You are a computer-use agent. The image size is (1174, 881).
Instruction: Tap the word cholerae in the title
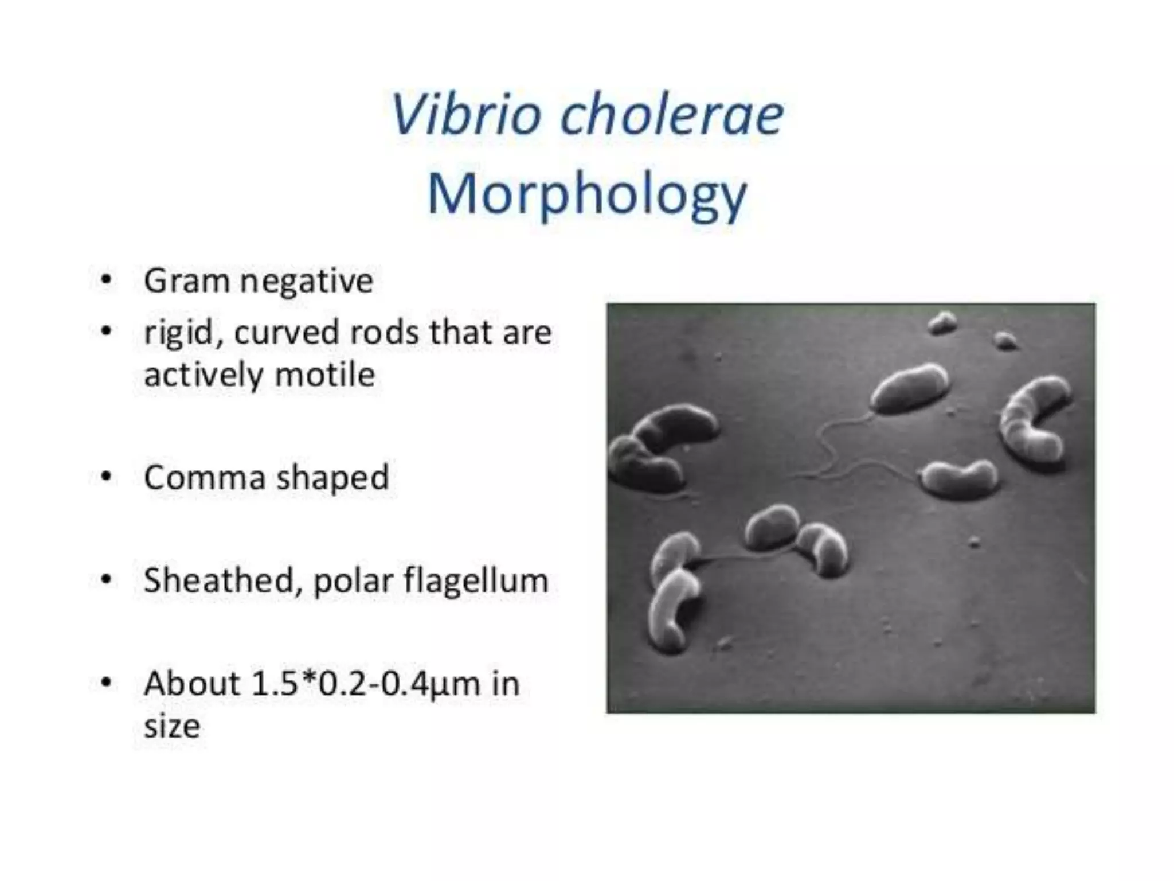click(672, 114)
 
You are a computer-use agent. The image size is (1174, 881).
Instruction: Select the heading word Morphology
click(588, 195)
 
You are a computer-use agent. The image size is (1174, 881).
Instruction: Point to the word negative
click(307, 281)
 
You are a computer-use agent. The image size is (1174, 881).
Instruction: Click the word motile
click(325, 375)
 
